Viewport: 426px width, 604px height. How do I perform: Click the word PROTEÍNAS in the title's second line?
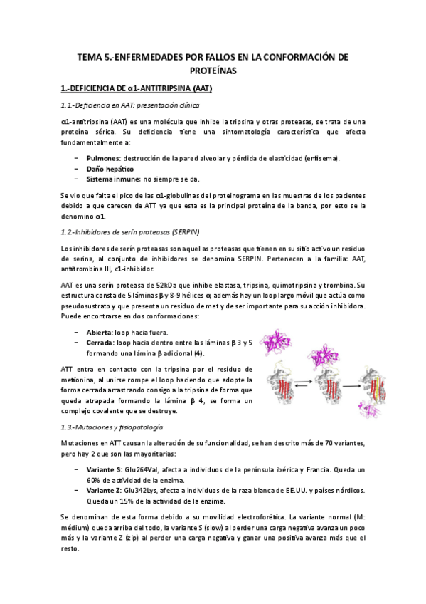click(213, 72)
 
